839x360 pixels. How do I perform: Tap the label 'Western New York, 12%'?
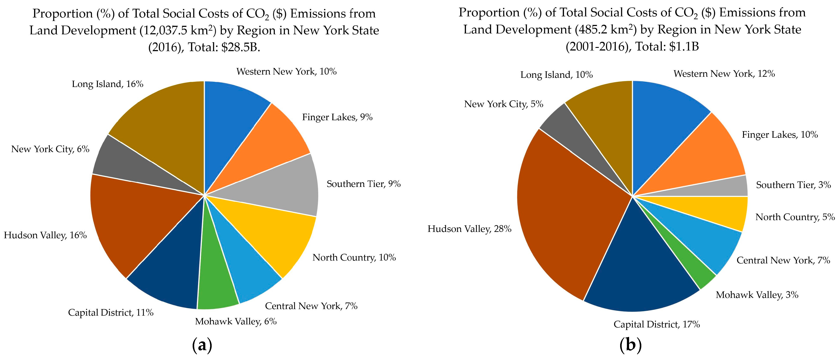pyautogui.click(x=724, y=74)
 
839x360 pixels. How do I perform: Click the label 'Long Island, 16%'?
pyautogui.click(x=107, y=84)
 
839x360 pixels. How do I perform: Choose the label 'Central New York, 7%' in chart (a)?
pyautogui.click(x=311, y=306)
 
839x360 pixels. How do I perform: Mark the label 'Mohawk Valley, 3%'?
pyautogui.click(x=757, y=295)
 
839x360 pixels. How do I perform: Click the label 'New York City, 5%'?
pyautogui.click(x=503, y=104)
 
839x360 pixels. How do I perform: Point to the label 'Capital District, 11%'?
pyautogui.click(x=111, y=313)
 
